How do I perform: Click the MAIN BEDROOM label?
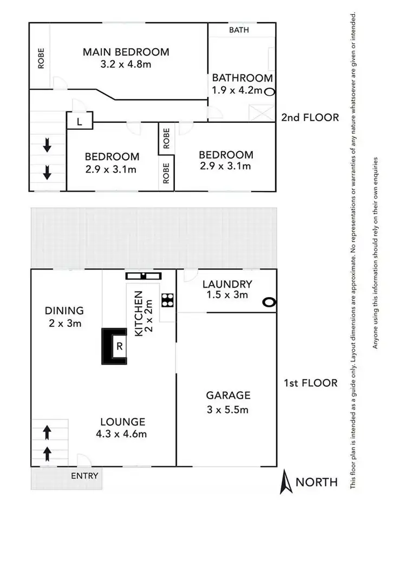pyautogui.click(x=126, y=52)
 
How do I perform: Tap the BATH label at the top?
pyautogui.click(x=239, y=30)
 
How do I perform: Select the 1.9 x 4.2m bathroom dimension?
pyautogui.click(x=237, y=90)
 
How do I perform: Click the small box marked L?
pyautogui.click(x=80, y=121)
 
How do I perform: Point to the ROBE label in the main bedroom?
pyautogui.click(x=41, y=58)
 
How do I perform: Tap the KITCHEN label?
pyautogui.click(x=139, y=313)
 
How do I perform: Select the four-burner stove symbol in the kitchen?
pyautogui.click(x=167, y=299)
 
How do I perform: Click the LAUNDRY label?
pyautogui.click(x=227, y=284)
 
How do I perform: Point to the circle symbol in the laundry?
pyautogui.click(x=269, y=303)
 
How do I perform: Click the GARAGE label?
pyautogui.click(x=227, y=396)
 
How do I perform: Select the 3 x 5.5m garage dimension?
pyautogui.click(x=227, y=410)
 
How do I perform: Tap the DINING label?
pyautogui.click(x=64, y=311)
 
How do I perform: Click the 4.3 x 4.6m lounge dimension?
pyautogui.click(x=122, y=433)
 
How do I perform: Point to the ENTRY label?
pyautogui.click(x=85, y=476)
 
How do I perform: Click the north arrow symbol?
pyautogui.click(x=286, y=482)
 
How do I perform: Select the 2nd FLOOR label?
pyautogui.click(x=310, y=117)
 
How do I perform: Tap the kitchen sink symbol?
pyautogui.click(x=143, y=276)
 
